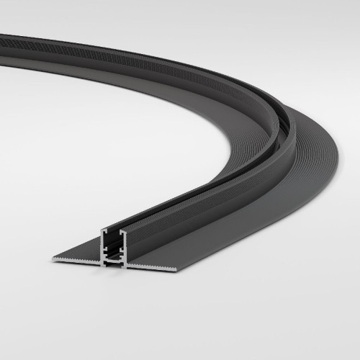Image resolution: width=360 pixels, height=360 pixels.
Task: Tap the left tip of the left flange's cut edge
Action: click(x=52, y=257)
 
